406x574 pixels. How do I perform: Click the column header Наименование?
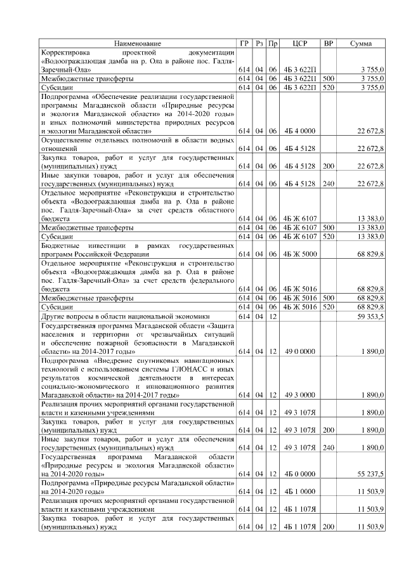click(138, 43)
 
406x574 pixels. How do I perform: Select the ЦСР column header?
click(300, 43)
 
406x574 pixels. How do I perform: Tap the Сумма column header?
click(361, 43)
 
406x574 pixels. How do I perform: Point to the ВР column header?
click(329, 43)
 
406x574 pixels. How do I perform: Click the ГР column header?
click(245, 43)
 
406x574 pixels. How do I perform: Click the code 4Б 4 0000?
click(299, 131)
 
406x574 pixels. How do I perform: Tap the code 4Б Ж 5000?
click(299, 254)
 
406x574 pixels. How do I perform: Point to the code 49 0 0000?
click(299, 351)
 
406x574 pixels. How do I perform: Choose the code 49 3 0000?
click(299, 395)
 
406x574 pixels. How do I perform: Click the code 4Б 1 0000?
click(299, 491)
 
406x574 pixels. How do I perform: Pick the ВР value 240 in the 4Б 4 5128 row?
click(329, 183)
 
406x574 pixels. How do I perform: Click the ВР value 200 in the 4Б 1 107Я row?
click(329, 526)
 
